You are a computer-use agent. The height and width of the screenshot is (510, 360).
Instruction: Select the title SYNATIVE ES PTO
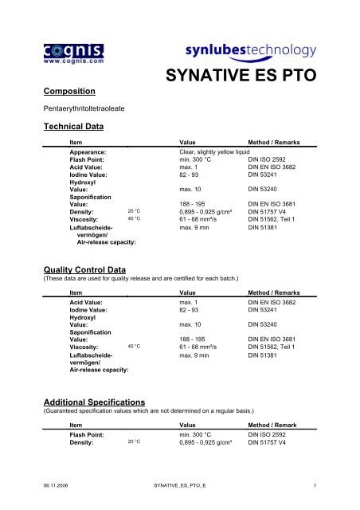pyautogui.click(x=252, y=77)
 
